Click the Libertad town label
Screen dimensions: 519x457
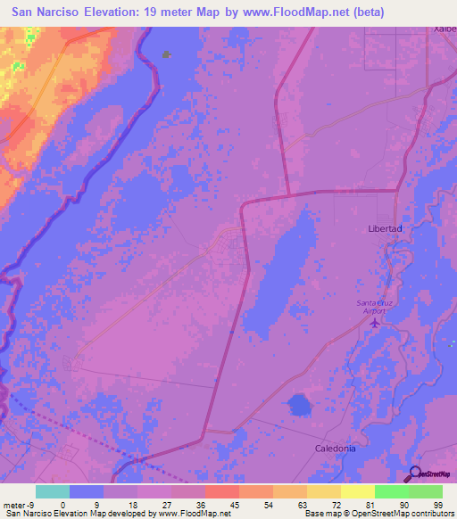tap(386, 229)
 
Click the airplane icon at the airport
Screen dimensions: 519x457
tap(375, 322)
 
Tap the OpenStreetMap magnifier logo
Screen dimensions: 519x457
tap(412, 473)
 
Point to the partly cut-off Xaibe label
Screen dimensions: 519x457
tap(445, 29)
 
